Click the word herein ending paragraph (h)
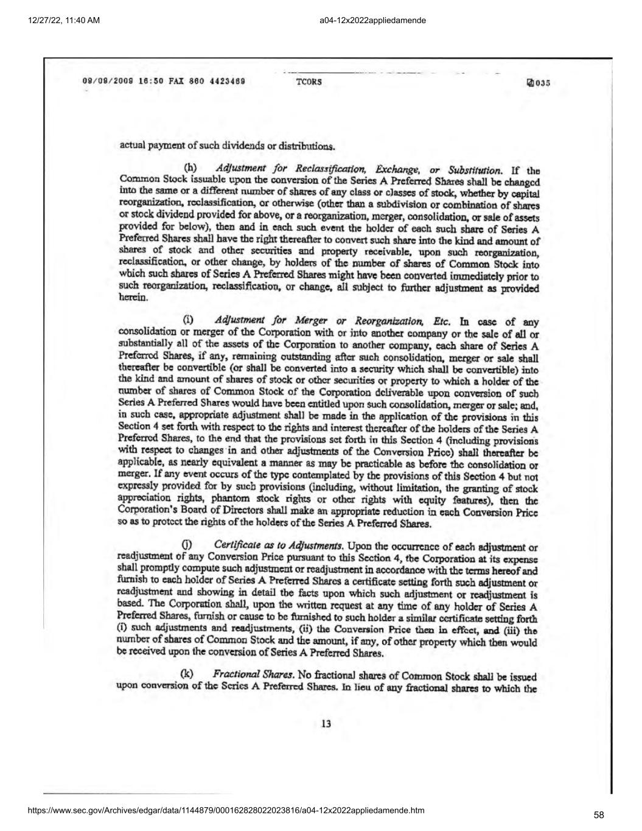(x=132, y=297)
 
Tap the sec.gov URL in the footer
(x=226, y=810)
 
